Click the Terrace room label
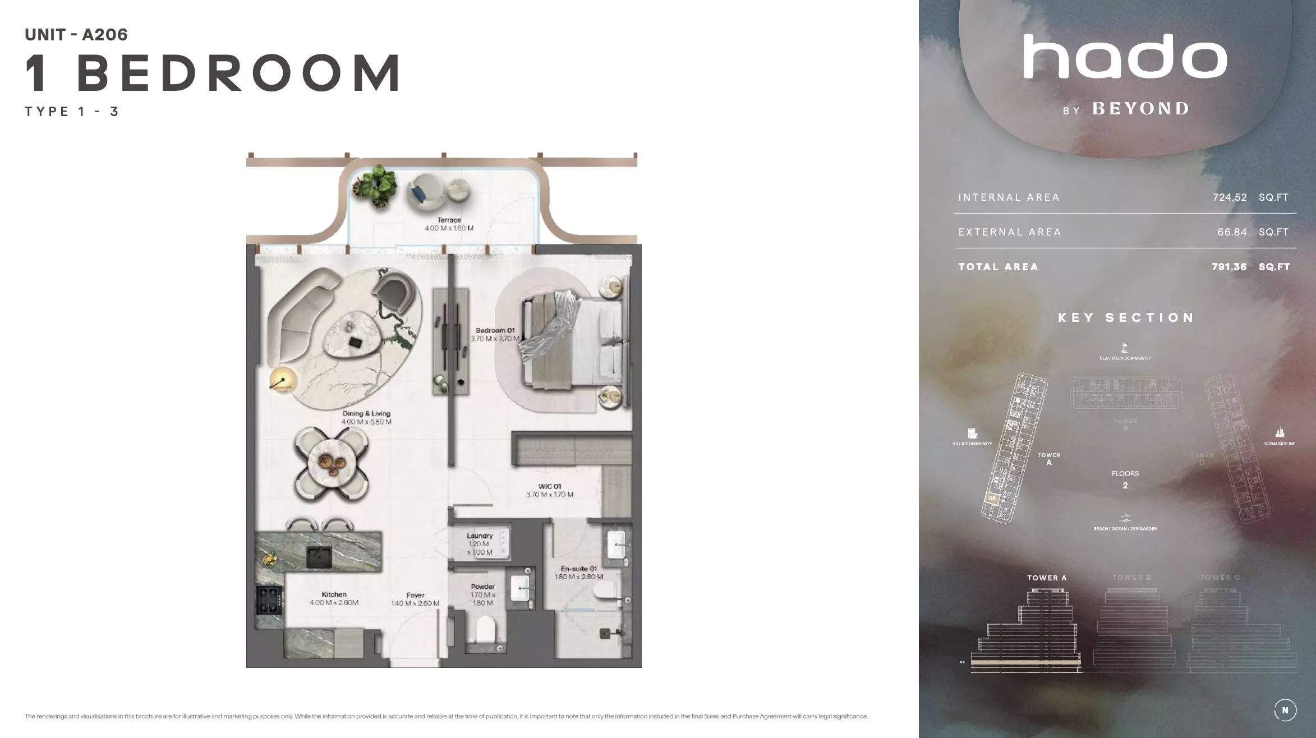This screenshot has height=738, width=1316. pyautogui.click(x=449, y=220)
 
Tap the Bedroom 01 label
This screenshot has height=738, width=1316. pyautogui.click(x=495, y=331)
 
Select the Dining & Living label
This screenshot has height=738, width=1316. pyautogui.click(x=366, y=414)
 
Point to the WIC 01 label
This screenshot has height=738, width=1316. pyautogui.click(x=550, y=487)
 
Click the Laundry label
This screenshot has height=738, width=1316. pyautogui.click(x=480, y=536)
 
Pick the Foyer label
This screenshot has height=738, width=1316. pyautogui.click(x=415, y=596)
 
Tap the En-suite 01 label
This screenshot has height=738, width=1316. pyautogui.click(x=578, y=569)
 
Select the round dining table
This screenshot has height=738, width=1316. pyautogui.click(x=332, y=463)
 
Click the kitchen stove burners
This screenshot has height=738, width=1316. pyautogui.click(x=268, y=600)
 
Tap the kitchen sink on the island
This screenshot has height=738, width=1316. pyautogui.click(x=319, y=557)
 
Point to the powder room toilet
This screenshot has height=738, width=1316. pyautogui.click(x=485, y=630)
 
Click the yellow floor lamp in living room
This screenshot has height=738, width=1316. pyautogui.click(x=283, y=380)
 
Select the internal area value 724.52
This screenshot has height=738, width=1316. pyautogui.click(x=1230, y=197)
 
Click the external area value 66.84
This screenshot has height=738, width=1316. pyautogui.click(x=1232, y=232)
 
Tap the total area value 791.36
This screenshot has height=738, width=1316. pyautogui.click(x=1229, y=267)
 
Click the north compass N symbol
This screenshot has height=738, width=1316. pyautogui.click(x=1285, y=710)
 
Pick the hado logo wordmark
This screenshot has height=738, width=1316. pyautogui.click(x=1125, y=57)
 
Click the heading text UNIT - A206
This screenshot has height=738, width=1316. pyautogui.click(x=76, y=35)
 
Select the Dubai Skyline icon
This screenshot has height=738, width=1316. pyautogui.click(x=1280, y=433)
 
